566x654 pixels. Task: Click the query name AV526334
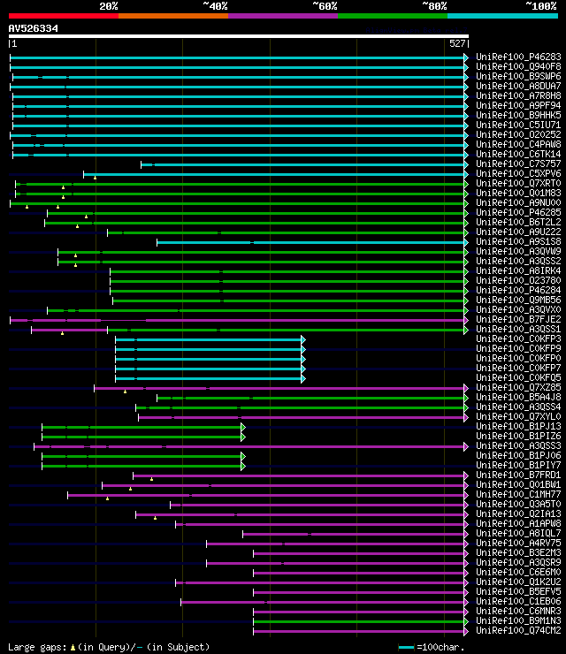point(34,28)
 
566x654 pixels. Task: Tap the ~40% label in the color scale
point(215,6)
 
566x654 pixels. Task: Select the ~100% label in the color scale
point(540,6)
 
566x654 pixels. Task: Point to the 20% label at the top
point(109,6)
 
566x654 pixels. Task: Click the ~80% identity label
point(434,6)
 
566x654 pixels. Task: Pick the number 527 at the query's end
point(458,43)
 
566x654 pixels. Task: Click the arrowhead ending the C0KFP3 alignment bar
point(303,339)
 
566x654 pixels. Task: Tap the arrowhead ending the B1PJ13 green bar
point(242,427)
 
